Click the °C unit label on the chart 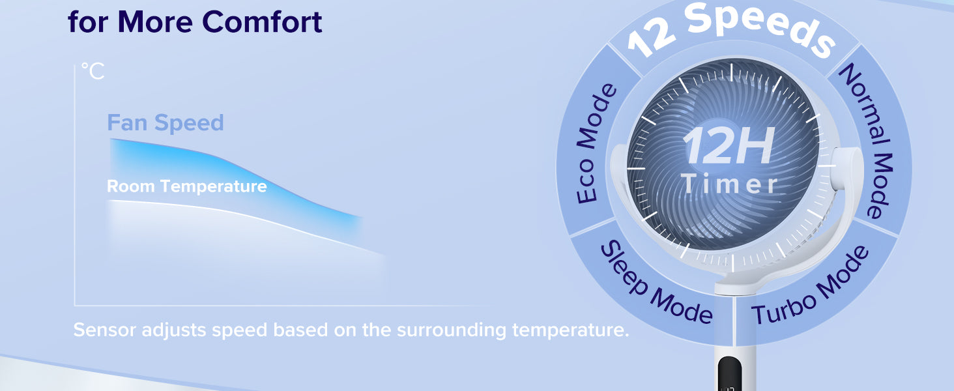coord(93,70)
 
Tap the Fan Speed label coord(166,123)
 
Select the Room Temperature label coord(186,186)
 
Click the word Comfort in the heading coord(262,22)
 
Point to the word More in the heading coord(155,22)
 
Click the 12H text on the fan coord(729,146)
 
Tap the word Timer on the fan coord(729,184)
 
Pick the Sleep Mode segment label coord(656,282)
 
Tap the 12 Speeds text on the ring coord(731,30)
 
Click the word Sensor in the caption coord(104,330)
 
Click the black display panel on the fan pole coord(729,373)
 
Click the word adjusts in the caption coord(174,330)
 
